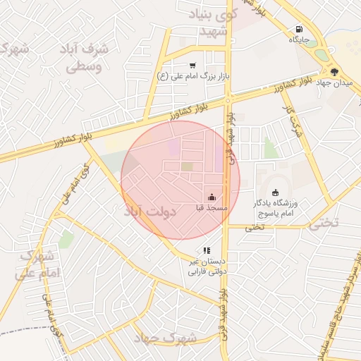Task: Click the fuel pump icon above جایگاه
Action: (x=300, y=30)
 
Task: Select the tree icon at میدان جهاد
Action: (x=334, y=71)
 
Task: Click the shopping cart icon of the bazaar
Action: (x=212, y=64)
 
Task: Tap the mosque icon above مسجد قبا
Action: (x=212, y=197)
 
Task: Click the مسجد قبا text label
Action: (x=212, y=209)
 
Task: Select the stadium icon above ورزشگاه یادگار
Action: (x=275, y=192)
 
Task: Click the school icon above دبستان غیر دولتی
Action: (x=207, y=250)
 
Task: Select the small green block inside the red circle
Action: (x=187, y=166)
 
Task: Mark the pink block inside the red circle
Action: (x=173, y=147)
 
